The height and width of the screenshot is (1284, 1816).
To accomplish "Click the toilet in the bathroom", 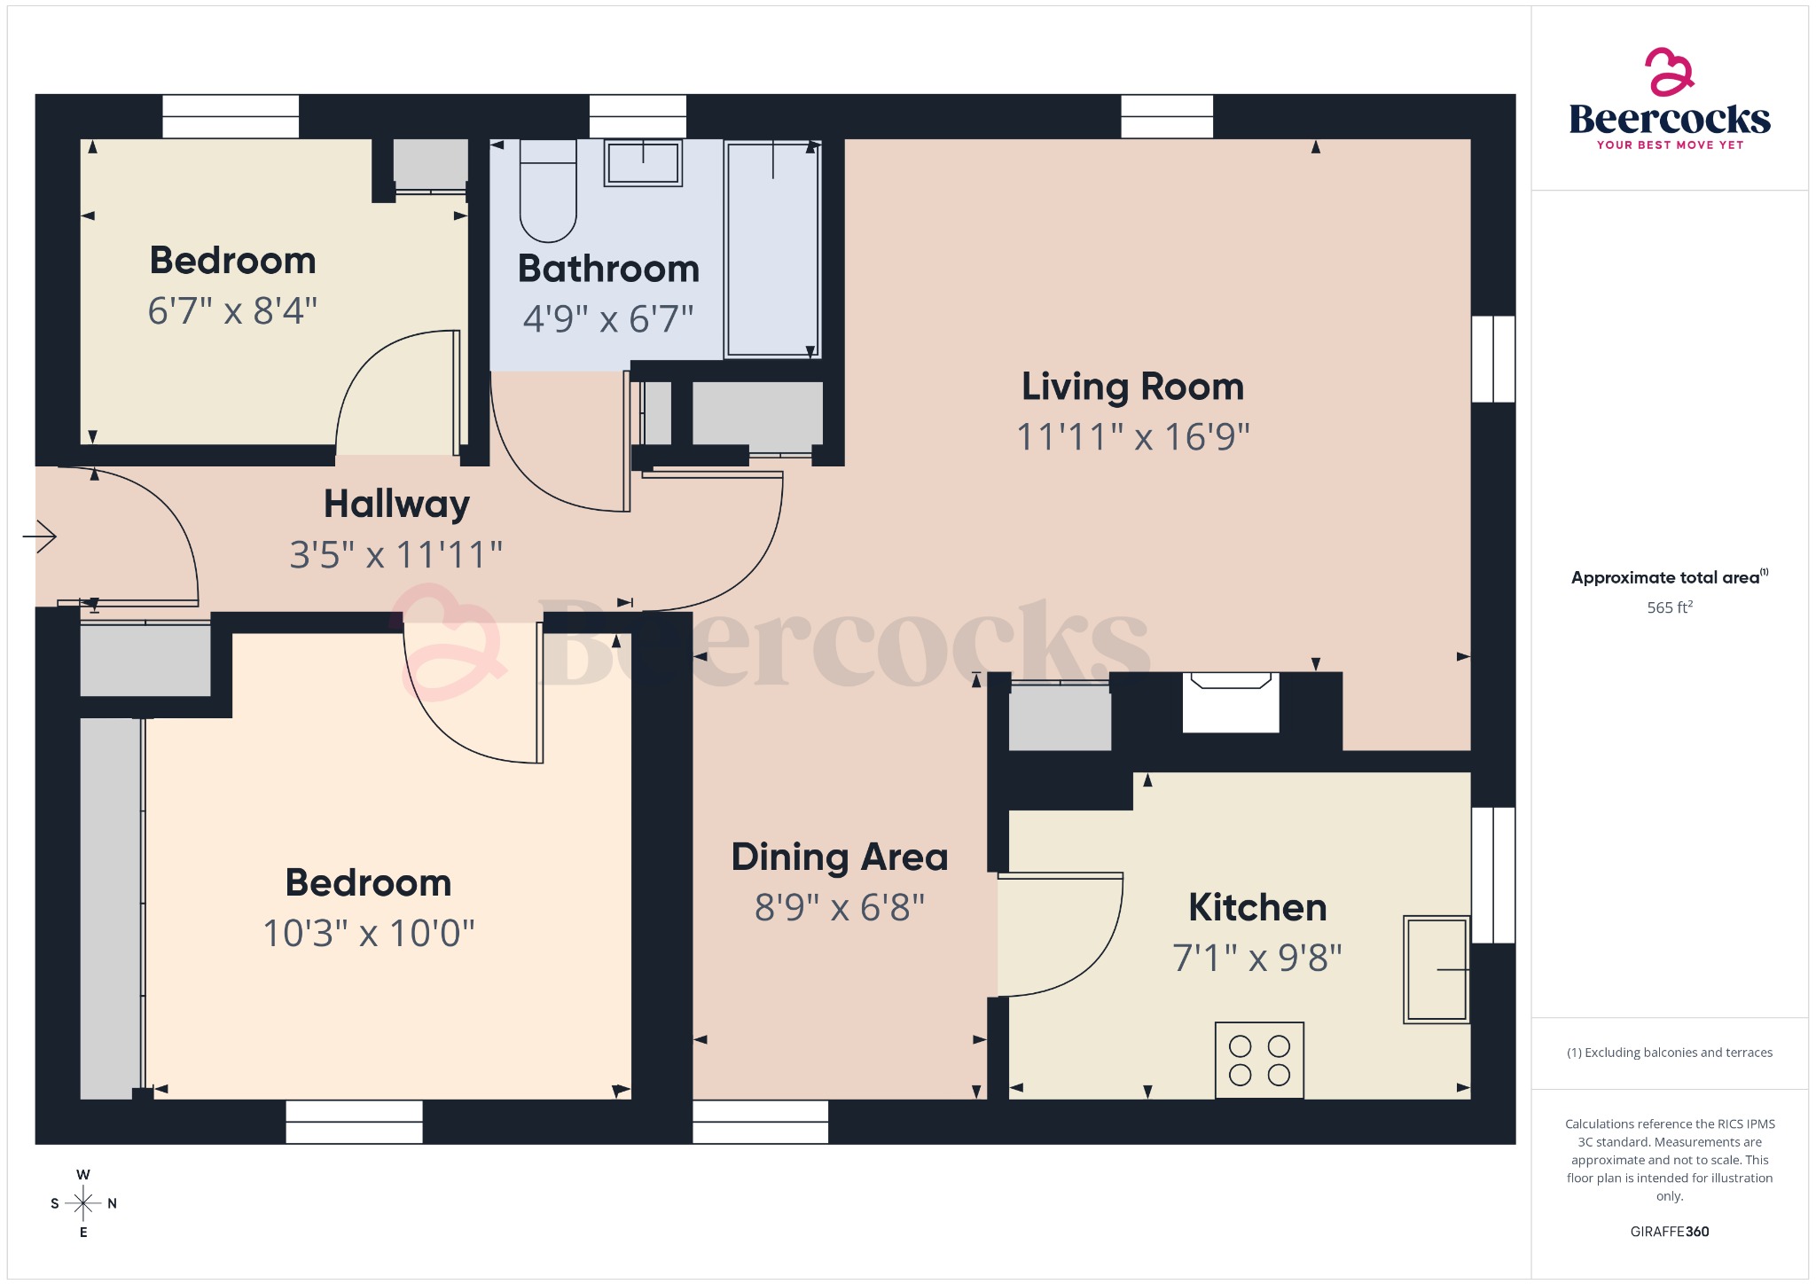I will pyautogui.click(x=547, y=197).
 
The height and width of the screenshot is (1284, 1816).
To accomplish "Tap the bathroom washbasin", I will pyautogui.click(x=643, y=163).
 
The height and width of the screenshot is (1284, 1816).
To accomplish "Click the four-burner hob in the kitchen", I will pyautogui.click(x=1259, y=1061).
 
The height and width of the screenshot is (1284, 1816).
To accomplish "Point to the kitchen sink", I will pyautogui.click(x=1436, y=969).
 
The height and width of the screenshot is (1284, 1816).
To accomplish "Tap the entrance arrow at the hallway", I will pyautogui.click(x=40, y=536).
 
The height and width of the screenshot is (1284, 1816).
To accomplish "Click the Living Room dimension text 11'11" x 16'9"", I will pyautogui.click(x=1132, y=437).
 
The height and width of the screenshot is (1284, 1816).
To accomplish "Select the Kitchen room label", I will pyautogui.click(x=1256, y=907).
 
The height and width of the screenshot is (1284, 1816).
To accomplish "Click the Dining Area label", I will pyautogui.click(x=839, y=857).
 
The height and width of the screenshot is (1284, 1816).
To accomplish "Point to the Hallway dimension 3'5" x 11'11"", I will pyautogui.click(x=395, y=555).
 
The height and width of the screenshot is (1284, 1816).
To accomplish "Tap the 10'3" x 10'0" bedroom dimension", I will pyautogui.click(x=369, y=934).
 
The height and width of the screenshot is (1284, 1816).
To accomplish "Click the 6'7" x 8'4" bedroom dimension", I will pyautogui.click(x=232, y=311).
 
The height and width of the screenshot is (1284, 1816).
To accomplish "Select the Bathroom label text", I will pyautogui.click(x=608, y=269).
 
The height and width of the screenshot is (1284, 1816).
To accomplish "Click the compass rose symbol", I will pyautogui.click(x=83, y=1203).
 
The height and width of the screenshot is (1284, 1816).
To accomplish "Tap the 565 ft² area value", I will pyautogui.click(x=1669, y=607).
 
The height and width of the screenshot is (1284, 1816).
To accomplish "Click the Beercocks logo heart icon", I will pyautogui.click(x=1669, y=72).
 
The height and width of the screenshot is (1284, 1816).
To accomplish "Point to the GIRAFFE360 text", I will pyautogui.click(x=1669, y=1231).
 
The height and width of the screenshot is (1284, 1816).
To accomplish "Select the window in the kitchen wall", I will pyautogui.click(x=1493, y=874).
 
